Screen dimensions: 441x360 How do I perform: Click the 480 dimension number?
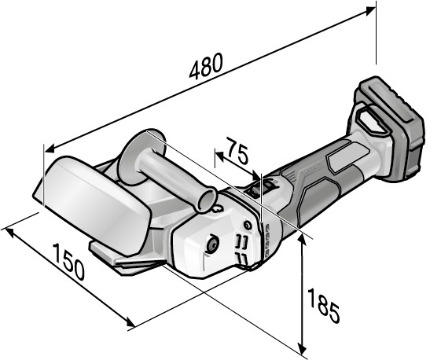(x=206, y=66)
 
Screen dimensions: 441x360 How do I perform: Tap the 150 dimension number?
(x=68, y=262)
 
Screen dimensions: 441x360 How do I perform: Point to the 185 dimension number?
(x=323, y=306)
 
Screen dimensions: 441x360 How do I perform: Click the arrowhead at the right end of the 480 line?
(x=371, y=10)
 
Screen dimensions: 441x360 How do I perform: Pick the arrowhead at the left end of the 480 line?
(x=50, y=149)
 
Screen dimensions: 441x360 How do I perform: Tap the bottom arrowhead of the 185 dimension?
(x=302, y=349)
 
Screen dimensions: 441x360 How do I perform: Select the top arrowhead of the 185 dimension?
(x=302, y=239)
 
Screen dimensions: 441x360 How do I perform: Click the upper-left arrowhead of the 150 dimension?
(x=9, y=231)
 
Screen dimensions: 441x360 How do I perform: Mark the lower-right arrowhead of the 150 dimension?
(x=130, y=322)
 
